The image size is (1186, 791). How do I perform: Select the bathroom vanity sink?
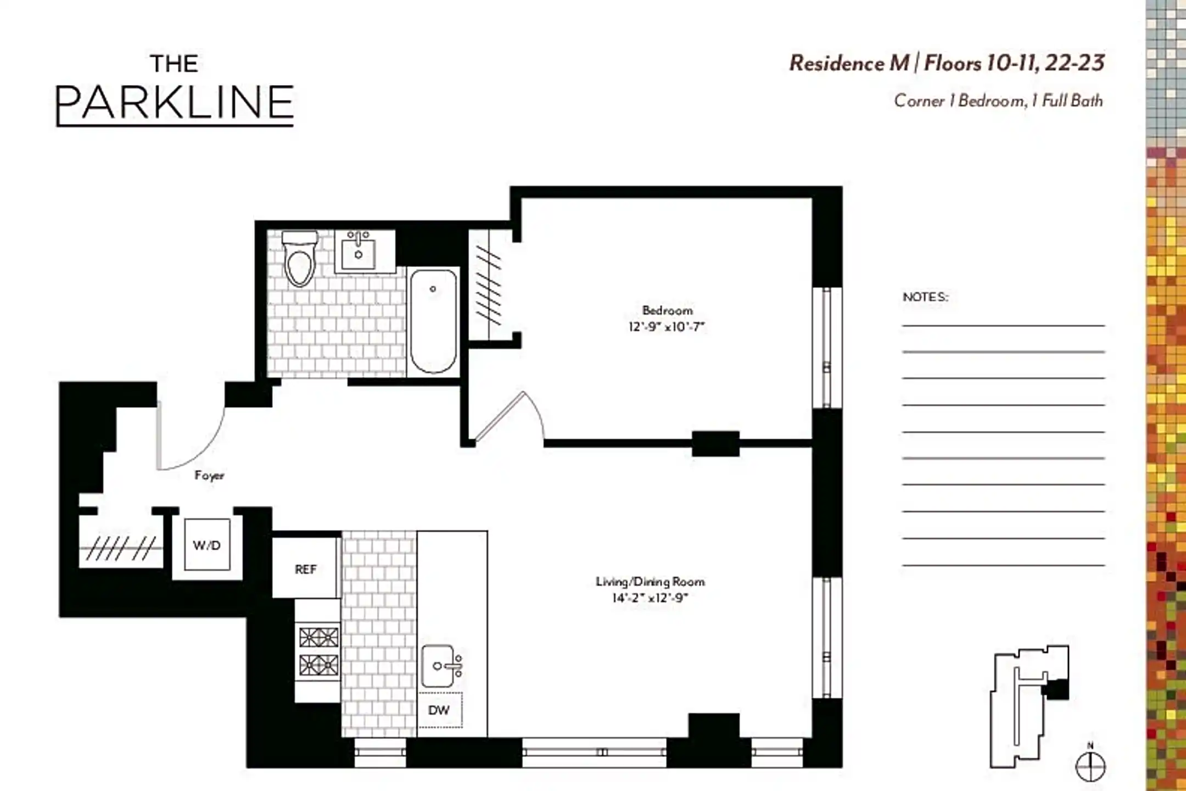point(358,252)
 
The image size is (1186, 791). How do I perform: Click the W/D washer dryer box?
point(207,545)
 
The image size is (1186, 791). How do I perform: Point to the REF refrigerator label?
point(306,570)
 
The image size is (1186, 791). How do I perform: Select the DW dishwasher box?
point(439,710)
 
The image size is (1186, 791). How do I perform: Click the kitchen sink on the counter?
point(439,666)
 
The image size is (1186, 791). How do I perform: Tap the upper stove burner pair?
point(318,638)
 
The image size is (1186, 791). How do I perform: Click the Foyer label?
point(209,475)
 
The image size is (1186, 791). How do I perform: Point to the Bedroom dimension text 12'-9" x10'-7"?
point(666,327)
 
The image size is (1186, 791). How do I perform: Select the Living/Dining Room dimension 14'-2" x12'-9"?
point(650,598)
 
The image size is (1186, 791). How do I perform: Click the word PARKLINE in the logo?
point(175,103)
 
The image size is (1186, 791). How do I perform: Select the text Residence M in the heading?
point(849,63)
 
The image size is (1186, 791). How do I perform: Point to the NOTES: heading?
point(926,297)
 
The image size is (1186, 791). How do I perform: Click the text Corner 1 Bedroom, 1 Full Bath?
point(998,101)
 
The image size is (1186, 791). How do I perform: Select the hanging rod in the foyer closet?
point(121,548)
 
